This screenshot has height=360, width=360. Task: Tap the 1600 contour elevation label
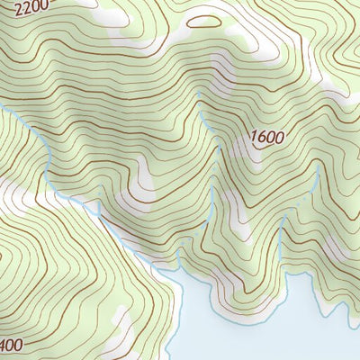[x=266, y=138]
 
